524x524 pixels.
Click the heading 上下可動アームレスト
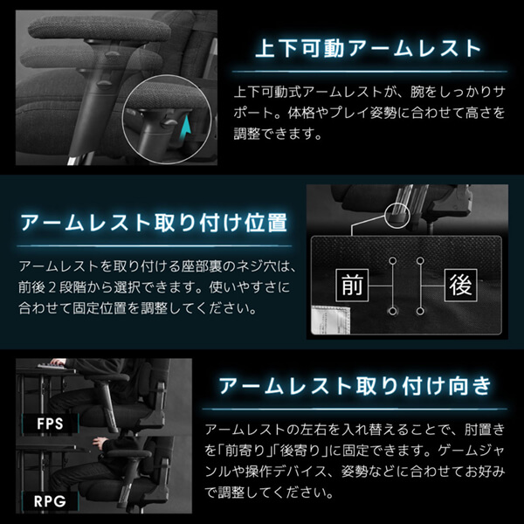pos(369,48)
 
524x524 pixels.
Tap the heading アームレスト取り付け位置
pos(154,223)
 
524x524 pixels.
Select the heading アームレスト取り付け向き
pos(355,386)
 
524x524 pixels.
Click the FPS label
pos(50,424)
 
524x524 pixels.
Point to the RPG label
pos(50,501)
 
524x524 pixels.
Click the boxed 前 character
pos(352,285)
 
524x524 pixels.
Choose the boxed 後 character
pos(460,285)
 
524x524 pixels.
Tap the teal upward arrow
pos(187,128)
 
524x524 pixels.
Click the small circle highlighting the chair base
pos(397,216)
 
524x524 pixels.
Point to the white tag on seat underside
pos(331,320)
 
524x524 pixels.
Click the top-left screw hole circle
pos(393,260)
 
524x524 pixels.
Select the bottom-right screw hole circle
pos(420,312)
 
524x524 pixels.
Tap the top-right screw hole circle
pos(420,260)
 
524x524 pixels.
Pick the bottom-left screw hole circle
pos(393,312)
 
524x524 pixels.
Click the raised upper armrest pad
pos(100,28)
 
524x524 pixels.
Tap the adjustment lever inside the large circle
pos(169,122)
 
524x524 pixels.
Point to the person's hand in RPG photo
pos(100,444)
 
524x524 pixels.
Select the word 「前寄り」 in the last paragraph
pos(245,451)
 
